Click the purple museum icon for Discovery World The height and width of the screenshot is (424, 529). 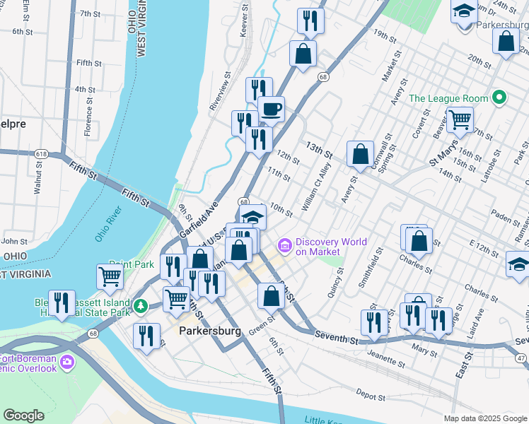(x=285, y=246)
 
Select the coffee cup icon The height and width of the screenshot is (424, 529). (x=271, y=110)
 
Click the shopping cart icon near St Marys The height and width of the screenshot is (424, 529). (x=460, y=119)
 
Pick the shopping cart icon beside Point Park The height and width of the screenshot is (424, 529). (x=110, y=276)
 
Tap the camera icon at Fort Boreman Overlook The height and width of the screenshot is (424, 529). (x=67, y=363)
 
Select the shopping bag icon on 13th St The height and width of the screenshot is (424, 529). (x=361, y=153)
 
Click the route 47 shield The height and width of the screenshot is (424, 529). (x=522, y=359)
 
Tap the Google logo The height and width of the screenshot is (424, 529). (x=24, y=416)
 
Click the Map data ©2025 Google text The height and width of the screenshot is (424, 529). (x=484, y=418)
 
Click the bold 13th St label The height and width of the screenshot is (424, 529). (x=319, y=150)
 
